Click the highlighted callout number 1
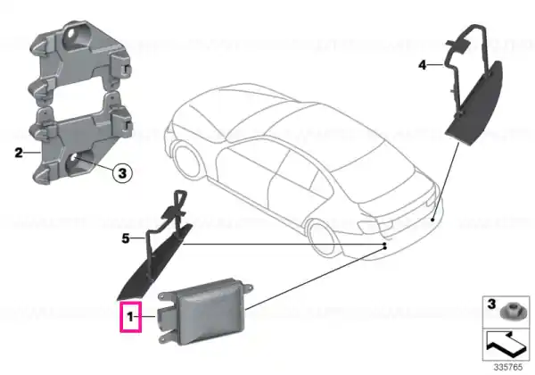(130, 317)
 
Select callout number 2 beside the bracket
(19, 153)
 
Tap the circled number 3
(122, 173)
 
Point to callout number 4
(423, 64)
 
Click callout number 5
(126, 238)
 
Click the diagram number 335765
(508, 367)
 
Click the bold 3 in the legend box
(491, 304)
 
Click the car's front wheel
(186, 158)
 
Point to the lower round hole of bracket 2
(73, 160)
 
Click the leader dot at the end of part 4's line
(432, 220)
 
